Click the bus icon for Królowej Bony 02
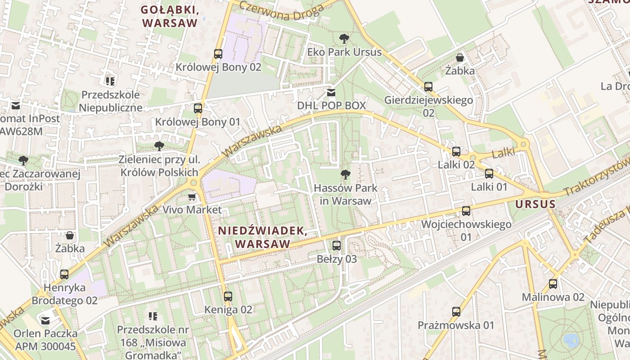pos(218,54)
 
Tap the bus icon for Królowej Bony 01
pos(198,108)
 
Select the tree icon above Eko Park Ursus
pos(344,39)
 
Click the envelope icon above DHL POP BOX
pos(331,93)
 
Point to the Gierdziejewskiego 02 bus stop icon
pos(428,87)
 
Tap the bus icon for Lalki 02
pos(456,151)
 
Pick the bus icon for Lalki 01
pos(489,174)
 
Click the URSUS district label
pos(535,204)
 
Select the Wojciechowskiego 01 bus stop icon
pos(466,211)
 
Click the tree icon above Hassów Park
pos(345,174)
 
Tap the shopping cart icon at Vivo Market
pos(192,197)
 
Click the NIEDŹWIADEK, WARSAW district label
pos(262,237)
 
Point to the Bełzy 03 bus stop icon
pos(337,246)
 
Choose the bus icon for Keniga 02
pos(228,297)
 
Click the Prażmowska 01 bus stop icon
pos(456,312)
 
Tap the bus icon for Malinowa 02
pos(553,284)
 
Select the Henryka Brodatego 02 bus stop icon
pos(64,274)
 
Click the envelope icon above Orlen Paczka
pos(45,320)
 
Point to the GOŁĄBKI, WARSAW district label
pos(170,16)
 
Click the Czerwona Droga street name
pos(281,10)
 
